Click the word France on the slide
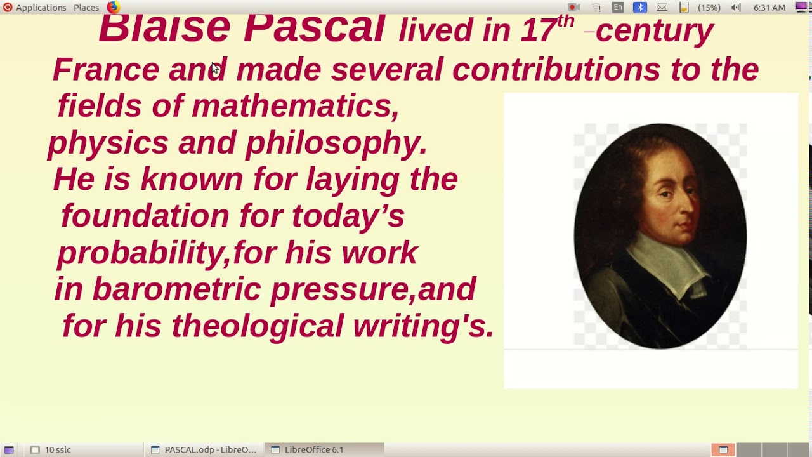click(x=105, y=69)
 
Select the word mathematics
click(x=295, y=105)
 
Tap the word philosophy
click(x=336, y=143)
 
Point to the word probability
click(x=142, y=253)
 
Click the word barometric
click(x=176, y=289)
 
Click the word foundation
click(x=145, y=216)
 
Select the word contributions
click(x=556, y=69)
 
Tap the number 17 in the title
click(x=538, y=30)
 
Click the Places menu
click(x=86, y=8)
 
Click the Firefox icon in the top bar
click(x=113, y=8)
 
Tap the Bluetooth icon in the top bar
click(x=639, y=8)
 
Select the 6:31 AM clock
click(x=769, y=8)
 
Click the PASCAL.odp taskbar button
click(x=204, y=449)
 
